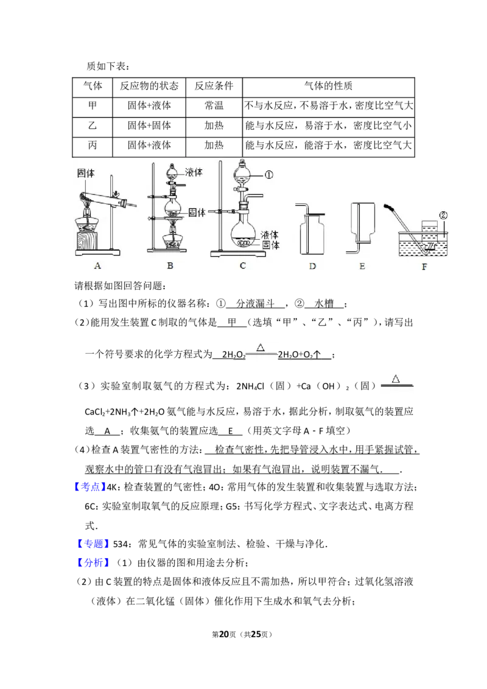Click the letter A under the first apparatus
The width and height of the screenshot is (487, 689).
tap(97, 265)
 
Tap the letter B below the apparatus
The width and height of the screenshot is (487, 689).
tap(170, 265)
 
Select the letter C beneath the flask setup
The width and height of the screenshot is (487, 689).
tap(242, 265)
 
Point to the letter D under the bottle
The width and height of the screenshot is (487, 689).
tap(312, 265)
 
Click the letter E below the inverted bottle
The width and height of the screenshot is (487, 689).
tap(363, 265)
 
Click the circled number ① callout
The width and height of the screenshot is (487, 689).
tap(268, 174)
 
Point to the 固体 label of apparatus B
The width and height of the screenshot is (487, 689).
tap(197, 212)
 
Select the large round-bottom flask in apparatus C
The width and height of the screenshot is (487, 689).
tap(243, 233)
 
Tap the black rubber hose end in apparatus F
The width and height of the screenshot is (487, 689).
tap(388, 208)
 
